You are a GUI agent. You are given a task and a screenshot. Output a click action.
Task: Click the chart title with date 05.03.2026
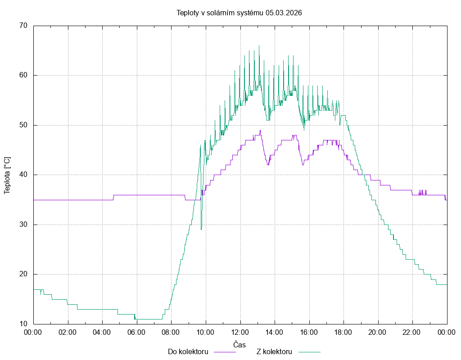click(239, 13)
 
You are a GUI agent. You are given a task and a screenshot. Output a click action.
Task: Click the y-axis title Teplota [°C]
click(7, 175)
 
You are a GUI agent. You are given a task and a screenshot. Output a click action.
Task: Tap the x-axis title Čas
click(240, 345)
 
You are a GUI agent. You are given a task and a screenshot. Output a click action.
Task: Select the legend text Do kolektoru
click(188, 352)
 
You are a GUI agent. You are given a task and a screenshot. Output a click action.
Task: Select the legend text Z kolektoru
click(275, 352)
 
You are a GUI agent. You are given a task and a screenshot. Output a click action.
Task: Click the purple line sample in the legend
click(224, 352)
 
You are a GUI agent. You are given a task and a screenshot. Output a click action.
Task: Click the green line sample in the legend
click(308, 352)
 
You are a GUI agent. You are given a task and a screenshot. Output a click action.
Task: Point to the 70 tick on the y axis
click(24, 26)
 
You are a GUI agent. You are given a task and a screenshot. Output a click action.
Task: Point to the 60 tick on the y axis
click(24, 75)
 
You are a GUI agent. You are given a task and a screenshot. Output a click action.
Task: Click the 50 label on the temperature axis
click(24, 125)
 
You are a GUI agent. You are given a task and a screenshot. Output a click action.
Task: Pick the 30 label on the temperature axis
click(24, 225)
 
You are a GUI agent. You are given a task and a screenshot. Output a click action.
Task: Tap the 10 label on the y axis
click(24, 324)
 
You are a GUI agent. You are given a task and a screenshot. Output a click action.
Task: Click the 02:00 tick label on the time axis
click(68, 332)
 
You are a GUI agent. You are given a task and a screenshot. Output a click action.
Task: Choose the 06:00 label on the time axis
click(137, 332)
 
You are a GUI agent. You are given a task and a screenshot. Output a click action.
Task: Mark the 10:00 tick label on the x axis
click(206, 332)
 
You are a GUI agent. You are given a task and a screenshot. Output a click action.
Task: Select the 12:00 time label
click(240, 332)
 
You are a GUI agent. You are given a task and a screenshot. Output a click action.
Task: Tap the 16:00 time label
click(309, 332)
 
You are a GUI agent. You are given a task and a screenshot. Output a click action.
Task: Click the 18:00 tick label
click(343, 332)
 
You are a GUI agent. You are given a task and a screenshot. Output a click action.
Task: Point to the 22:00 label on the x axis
click(412, 332)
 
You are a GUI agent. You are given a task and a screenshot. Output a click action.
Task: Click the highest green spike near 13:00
click(259, 46)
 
